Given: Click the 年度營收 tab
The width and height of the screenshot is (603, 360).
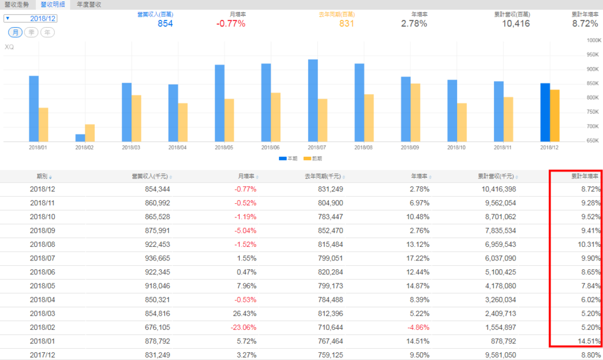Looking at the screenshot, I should (90, 4).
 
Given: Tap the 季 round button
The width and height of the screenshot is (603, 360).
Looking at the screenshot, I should (31, 32).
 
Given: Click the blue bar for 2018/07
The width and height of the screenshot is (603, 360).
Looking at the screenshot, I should (313, 100).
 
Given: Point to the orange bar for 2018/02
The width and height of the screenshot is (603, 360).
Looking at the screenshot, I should (90, 133).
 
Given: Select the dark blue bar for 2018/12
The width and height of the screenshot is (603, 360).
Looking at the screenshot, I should (545, 112).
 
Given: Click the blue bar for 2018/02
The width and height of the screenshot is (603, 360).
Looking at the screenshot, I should (79, 138).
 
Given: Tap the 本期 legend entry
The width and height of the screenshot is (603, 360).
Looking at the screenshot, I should (287, 158).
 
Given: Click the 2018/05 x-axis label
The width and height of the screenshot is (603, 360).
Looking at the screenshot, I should (224, 147).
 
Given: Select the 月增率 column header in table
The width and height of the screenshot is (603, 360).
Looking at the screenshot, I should (248, 176).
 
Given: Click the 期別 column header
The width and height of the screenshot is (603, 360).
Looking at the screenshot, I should (44, 176).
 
